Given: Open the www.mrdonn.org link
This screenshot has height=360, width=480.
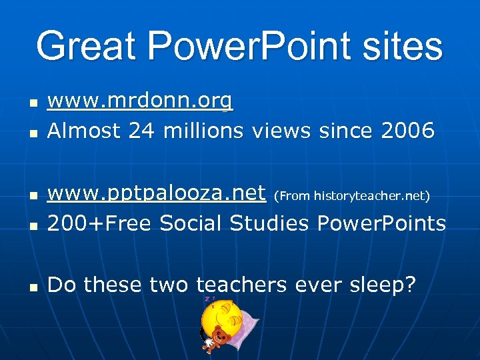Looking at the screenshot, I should pos(140,102).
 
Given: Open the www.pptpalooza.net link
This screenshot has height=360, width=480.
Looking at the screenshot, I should pos(157,194).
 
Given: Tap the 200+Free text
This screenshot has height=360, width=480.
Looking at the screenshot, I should pos(101,223).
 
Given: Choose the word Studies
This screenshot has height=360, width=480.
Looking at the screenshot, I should pos(270,223).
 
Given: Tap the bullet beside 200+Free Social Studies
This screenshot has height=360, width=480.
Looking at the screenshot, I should pos(31,226).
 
